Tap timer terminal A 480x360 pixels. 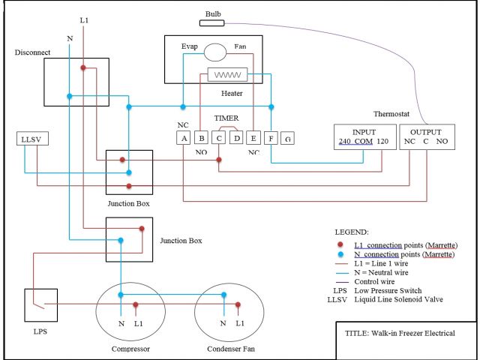(183, 138)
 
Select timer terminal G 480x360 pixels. (288, 138)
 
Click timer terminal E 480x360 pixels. (254, 138)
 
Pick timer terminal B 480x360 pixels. (201, 138)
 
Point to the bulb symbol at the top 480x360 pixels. (213, 23)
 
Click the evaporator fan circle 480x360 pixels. (216, 52)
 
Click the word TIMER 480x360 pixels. (227, 118)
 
